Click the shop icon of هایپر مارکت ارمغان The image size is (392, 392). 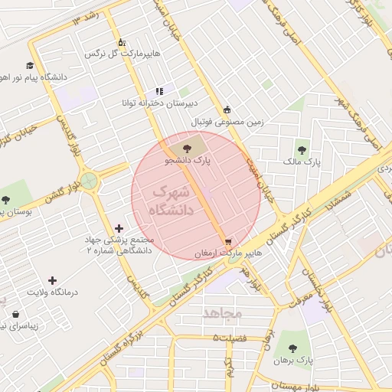point(228,242)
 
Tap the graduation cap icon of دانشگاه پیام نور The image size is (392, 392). point(30,66)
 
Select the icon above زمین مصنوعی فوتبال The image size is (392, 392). point(227,109)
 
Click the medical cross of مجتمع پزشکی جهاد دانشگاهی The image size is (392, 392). point(119,228)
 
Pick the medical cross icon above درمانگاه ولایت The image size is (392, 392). point(52,280)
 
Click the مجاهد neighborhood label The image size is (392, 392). point(222,313)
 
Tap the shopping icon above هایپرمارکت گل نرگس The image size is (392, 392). point(120,42)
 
